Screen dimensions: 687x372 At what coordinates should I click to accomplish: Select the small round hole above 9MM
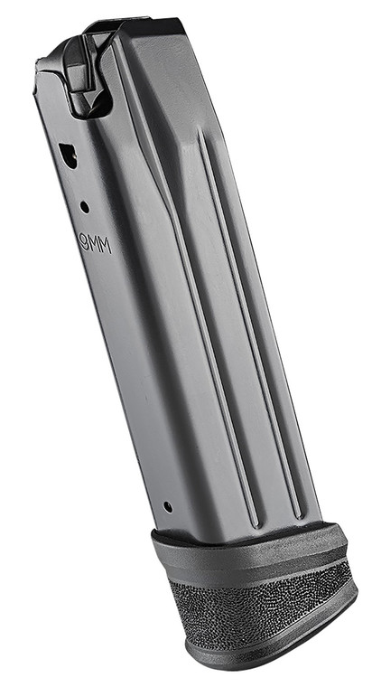point(84,207)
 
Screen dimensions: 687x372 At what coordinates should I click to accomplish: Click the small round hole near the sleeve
point(166,507)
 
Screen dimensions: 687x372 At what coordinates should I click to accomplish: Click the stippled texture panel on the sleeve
point(262,615)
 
